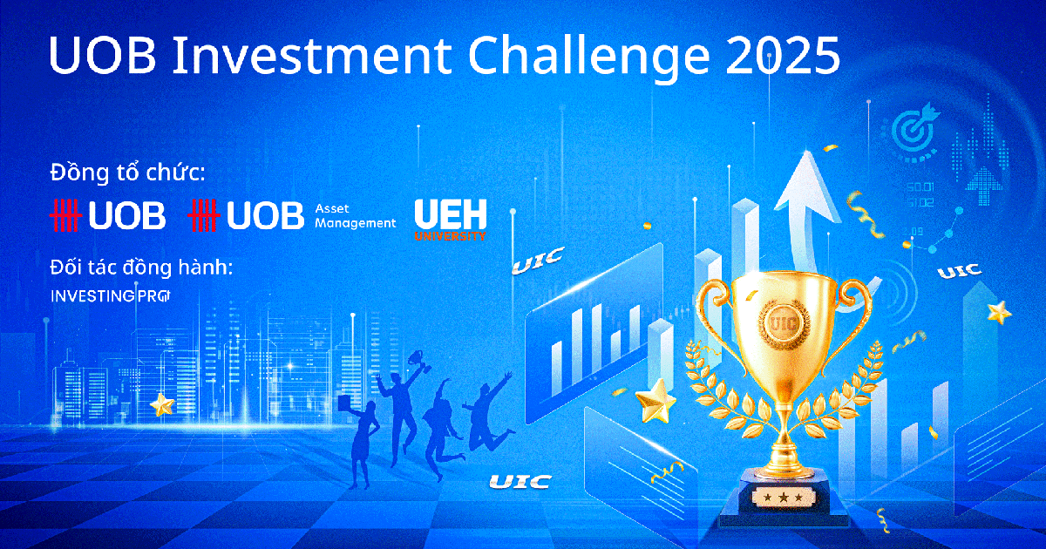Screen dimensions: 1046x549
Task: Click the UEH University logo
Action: click(451, 220)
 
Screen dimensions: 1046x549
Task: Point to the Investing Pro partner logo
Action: click(111, 296)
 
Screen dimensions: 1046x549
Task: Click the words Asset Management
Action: click(355, 216)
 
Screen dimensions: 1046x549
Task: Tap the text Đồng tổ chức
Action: click(127, 172)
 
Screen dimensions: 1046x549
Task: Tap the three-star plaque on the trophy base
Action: click(783, 498)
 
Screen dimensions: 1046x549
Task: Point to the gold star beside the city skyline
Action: click(162, 404)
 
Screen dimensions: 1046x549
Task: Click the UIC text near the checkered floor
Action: click(520, 481)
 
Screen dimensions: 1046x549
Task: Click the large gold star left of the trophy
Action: click(655, 400)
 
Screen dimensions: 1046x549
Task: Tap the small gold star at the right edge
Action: click(1000, 311)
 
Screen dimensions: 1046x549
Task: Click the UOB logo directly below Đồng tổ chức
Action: click(108, 215)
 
